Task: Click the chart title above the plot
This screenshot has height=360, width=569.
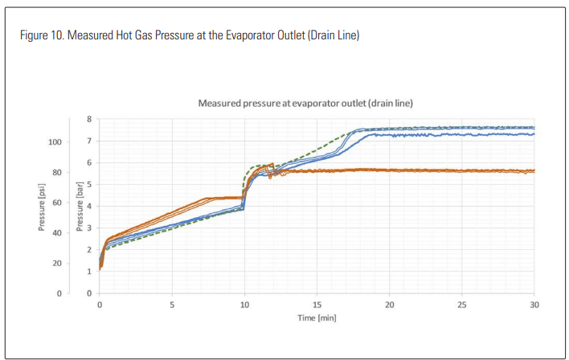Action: [x=305, y=104]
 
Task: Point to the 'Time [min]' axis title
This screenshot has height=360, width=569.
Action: [x=316, y=317]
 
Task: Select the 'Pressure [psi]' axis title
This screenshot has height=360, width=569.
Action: [x=43, y=207]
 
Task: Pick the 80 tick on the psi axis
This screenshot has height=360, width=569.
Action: [x=56, y=172]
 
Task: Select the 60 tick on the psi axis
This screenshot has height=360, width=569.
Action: [x=56, y=202]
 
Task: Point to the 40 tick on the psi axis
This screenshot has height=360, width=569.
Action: [x=56, y=233]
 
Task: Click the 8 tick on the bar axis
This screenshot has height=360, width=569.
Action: [x=90, y=120]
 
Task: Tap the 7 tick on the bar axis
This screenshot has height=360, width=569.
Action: [x=90, y=141]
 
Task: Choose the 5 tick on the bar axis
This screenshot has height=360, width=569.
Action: [x=90, y=185]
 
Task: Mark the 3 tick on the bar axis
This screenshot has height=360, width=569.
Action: [x=90, y=228]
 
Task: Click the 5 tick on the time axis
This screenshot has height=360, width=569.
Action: [x=172, y=305]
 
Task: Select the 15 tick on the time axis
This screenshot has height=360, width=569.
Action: [x=317, y=305]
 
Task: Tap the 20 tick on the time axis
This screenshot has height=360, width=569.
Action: [x=389, y=305]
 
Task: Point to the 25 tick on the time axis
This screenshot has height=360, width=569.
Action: [x=461, y=305]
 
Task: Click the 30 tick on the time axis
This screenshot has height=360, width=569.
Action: [x=534, y=305]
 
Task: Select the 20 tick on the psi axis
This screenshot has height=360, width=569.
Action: [x=56, y=264]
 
